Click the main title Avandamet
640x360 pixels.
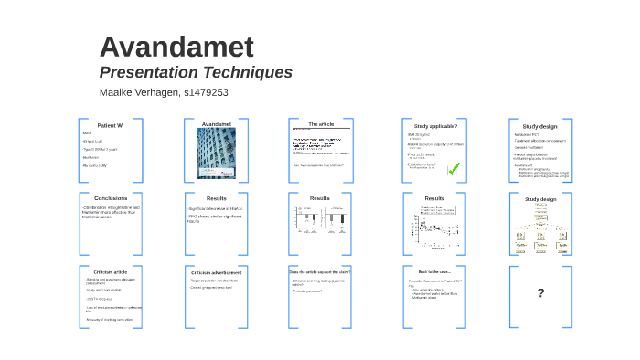tap(176, 48)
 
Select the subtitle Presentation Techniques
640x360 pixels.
tap(196, 72)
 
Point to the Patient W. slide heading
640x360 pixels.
tap(110, 124)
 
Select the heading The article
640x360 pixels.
tap(320, 123)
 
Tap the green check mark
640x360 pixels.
tap(453, 168)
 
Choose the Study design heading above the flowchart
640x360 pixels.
tap(539, 198)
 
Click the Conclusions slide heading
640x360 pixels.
tap(110, 197)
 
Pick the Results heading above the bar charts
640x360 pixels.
tap(320, 197)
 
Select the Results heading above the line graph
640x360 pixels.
tap(434, 197)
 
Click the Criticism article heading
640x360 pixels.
tap(110, 272)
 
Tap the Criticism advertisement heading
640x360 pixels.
tap(217, 272)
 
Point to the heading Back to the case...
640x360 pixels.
tap(434, 271)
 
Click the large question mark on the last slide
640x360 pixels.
tap(540, 293)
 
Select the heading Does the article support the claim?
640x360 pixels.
tap(320, 271)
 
